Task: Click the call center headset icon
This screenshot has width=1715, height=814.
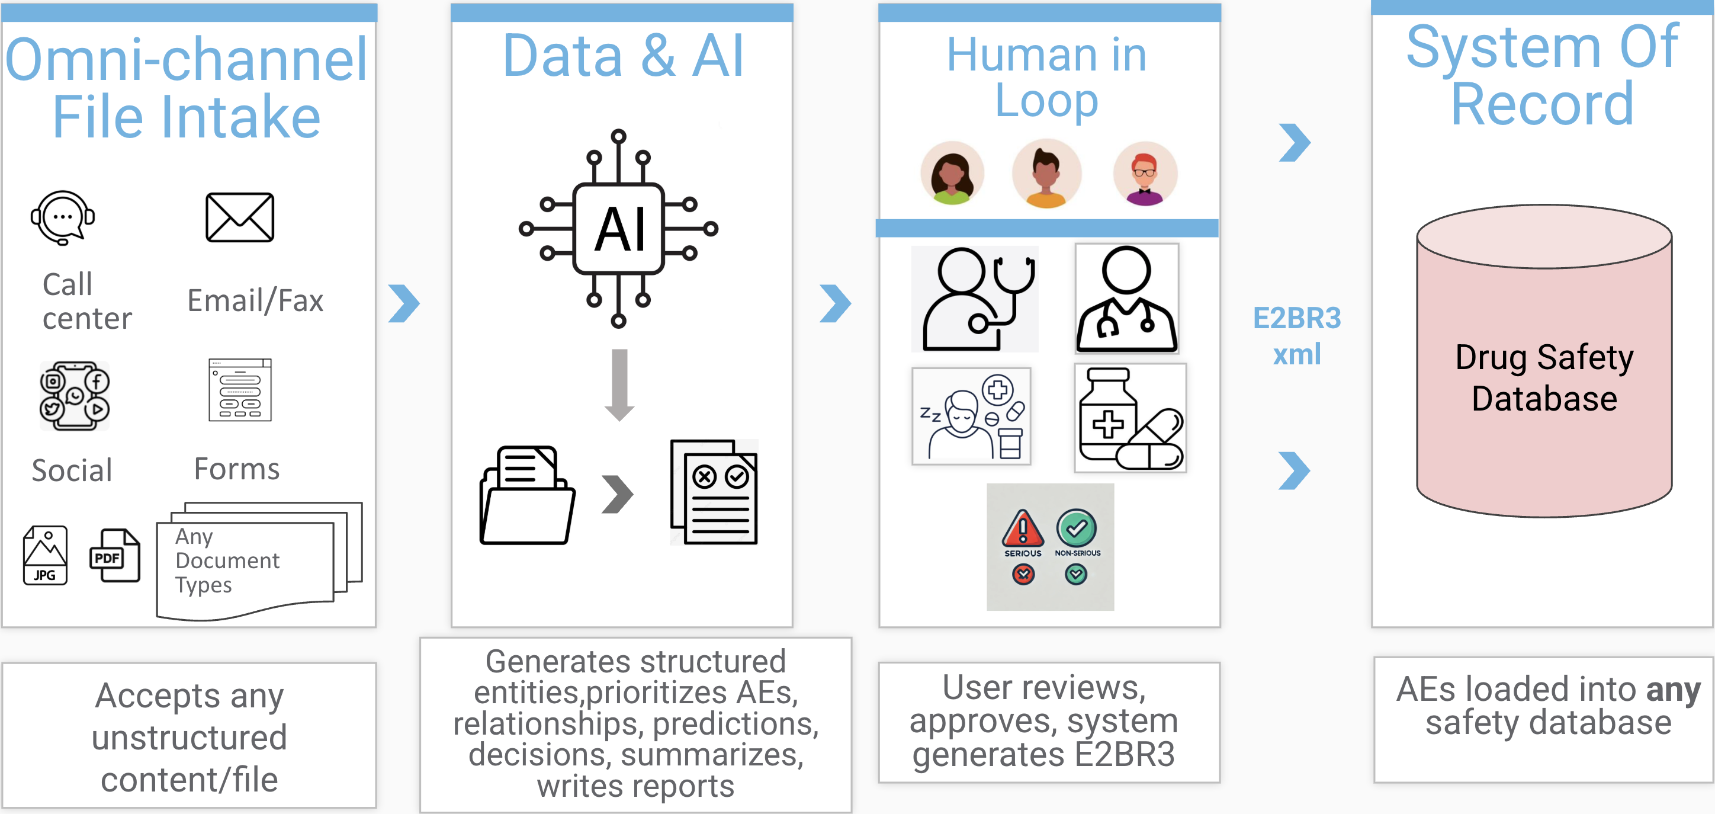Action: (x=63, y=218)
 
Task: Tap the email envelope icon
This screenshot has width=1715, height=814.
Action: (x=240, y=218)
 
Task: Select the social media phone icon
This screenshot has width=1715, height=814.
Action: (x=75, y=396)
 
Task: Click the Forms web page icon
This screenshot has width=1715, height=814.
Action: (x=240, y=390)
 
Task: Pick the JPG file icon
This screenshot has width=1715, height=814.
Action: (x=45, y=556)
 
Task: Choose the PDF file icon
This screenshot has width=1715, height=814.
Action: (x=114, y=556)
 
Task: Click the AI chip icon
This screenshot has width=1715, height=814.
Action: (x=618, y=229)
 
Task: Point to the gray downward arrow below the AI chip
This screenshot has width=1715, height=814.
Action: (x=619, y=385)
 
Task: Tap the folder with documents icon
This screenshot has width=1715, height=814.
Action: (x=526, y=496)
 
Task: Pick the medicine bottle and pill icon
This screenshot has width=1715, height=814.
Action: (x=1130, y=418)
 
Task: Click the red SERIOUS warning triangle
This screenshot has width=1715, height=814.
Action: (x=1023, y=529)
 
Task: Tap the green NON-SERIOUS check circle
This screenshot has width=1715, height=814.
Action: (x=1077, y=529)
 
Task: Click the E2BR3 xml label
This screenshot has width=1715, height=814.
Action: (x=1296, y=336)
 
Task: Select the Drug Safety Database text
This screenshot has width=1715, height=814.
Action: (x=1544, y=378)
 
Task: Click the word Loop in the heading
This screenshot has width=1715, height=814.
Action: (x=1046, y=101)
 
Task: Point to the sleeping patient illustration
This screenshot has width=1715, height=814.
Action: (x=971, y=416)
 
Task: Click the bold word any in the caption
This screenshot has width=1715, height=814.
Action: (x=1672, y=690)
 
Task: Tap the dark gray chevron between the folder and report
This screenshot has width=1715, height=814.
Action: (x=617, y=494)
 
